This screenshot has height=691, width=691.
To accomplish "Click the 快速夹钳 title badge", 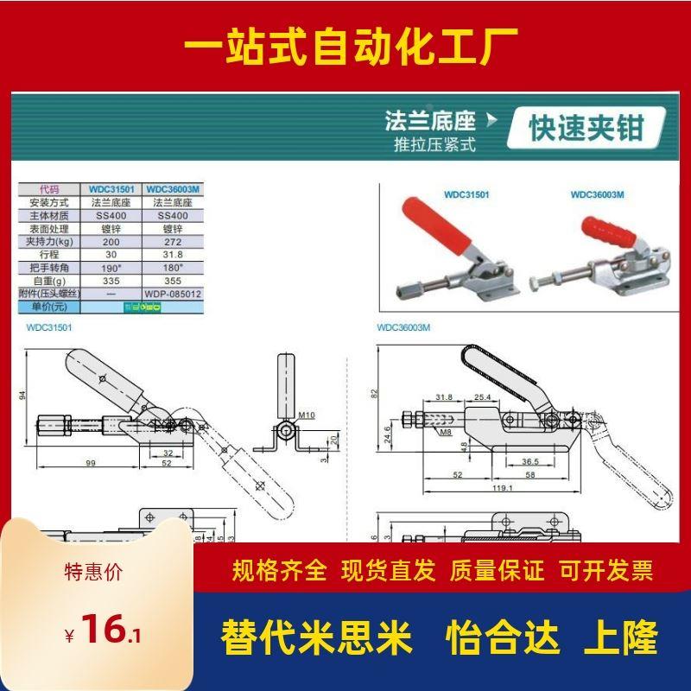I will click(x=586, y=129).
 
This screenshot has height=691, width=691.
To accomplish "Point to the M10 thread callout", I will click(x=307, y=415).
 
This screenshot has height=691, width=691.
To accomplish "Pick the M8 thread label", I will click(x=444, y=431).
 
